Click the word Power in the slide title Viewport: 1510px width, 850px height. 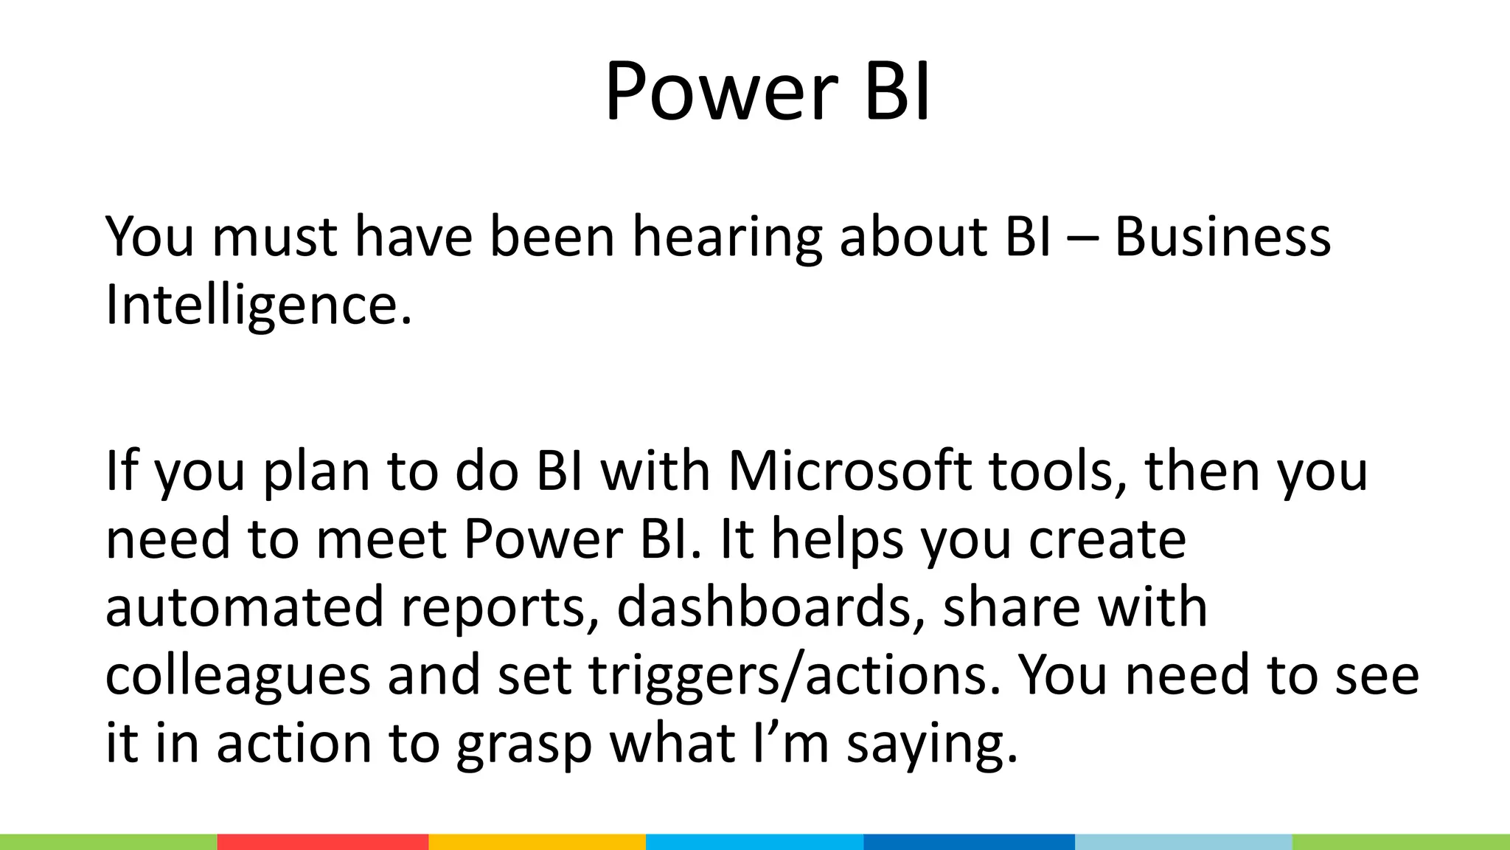click(x=721, y=92)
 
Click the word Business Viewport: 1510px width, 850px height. click(x=1222, y=238)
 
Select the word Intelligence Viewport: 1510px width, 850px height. click(x=258, y=305)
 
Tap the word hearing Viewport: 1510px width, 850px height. click(x=727, y=238)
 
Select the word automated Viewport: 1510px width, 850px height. click(x=245, y=607)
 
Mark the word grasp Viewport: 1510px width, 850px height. click(x=524, y=744)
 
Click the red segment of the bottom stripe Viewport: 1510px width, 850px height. click(x=322, y=842)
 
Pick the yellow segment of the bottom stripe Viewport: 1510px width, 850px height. click(x=537, y=842)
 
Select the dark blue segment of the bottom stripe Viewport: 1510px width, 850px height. click(x=969, y=842)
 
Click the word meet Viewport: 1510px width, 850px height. click(x=381, y=539)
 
